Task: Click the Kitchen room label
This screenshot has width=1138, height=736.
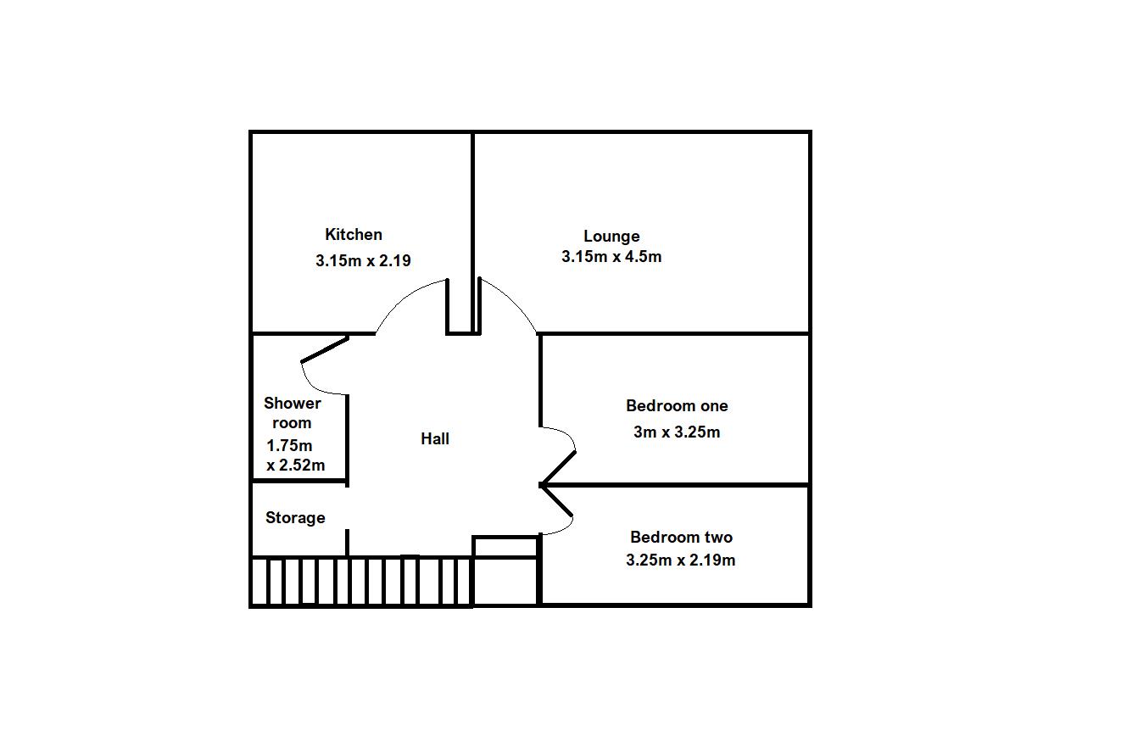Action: (354, 235)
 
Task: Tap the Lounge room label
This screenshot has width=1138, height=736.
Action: (611, 237)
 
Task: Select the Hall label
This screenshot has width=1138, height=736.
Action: (435, 438)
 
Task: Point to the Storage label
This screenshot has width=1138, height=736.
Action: (295, 517)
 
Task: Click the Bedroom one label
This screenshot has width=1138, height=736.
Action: (677, 406)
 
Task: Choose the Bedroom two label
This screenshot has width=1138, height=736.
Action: (681, 537)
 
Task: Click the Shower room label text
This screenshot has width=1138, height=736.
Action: (293, 413)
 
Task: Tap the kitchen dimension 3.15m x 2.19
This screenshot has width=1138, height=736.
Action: (363, 261)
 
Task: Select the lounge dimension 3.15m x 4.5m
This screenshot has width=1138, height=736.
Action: (611, 257)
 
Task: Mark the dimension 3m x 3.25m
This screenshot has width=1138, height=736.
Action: (677, 432)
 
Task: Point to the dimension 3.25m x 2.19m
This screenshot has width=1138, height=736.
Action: (681, 560)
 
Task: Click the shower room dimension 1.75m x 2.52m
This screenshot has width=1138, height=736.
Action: (294, 455)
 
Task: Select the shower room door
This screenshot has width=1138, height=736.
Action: (324, 350)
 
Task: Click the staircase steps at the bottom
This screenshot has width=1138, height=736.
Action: (360, 582)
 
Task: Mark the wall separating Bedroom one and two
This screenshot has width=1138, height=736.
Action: (678, 485)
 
